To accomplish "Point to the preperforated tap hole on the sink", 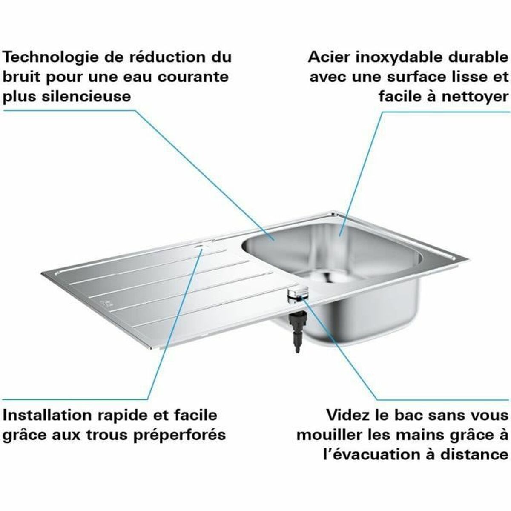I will [x=199, y=246].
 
